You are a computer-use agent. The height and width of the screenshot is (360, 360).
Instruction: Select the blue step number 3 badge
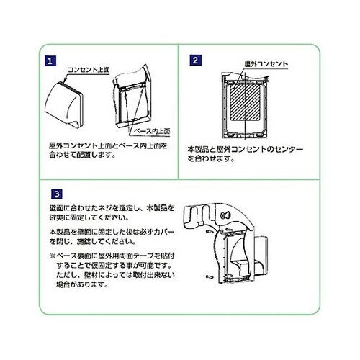click(57, 193)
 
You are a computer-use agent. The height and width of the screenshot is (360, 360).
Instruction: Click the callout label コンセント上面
click(88, 71)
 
